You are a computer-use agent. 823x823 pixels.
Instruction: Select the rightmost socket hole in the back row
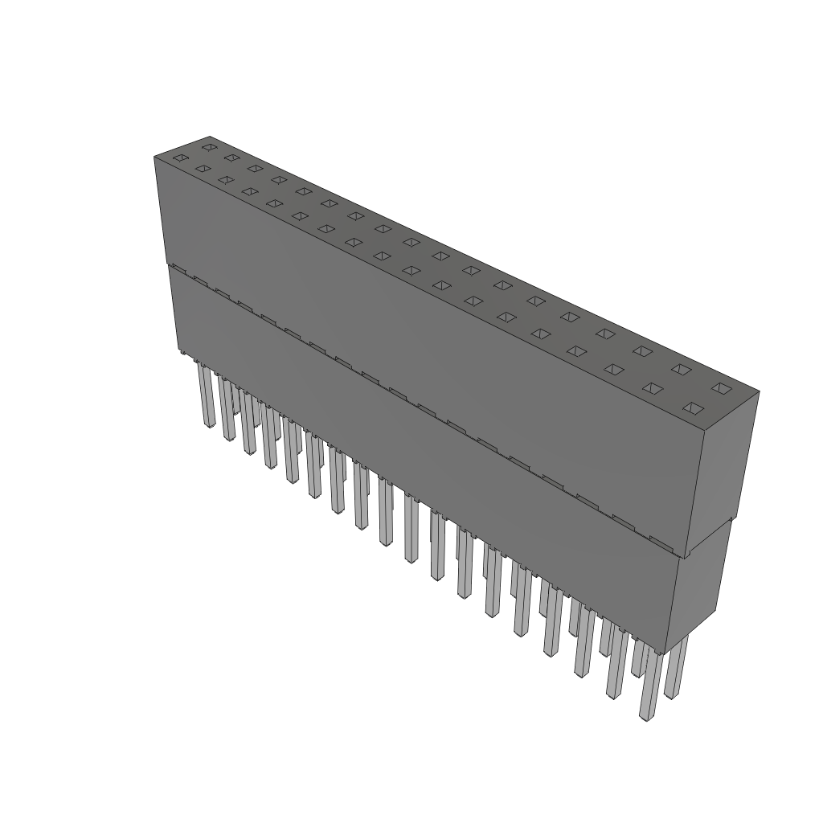click(720, 388)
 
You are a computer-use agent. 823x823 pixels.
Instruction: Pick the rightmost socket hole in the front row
click(691, 407)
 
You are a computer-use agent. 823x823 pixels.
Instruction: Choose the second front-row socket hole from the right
click(652, 388)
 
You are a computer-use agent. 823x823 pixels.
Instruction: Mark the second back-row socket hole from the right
click(681, 369)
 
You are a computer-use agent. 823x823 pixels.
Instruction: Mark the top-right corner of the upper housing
click(758, 392)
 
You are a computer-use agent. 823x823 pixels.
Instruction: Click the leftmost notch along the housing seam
click(179, 269)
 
